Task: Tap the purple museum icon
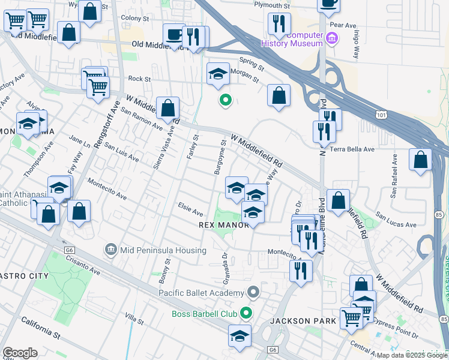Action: click(x=332, y=40)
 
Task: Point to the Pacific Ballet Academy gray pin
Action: click(x=254, y=292)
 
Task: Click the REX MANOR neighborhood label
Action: click(x=223, y=225)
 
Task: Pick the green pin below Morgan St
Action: click(x=225, y=100)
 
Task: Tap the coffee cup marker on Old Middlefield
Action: click(x=175, y=35)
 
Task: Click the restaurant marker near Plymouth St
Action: click(x=279, y=24)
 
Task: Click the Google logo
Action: click(x=20, y=353)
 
